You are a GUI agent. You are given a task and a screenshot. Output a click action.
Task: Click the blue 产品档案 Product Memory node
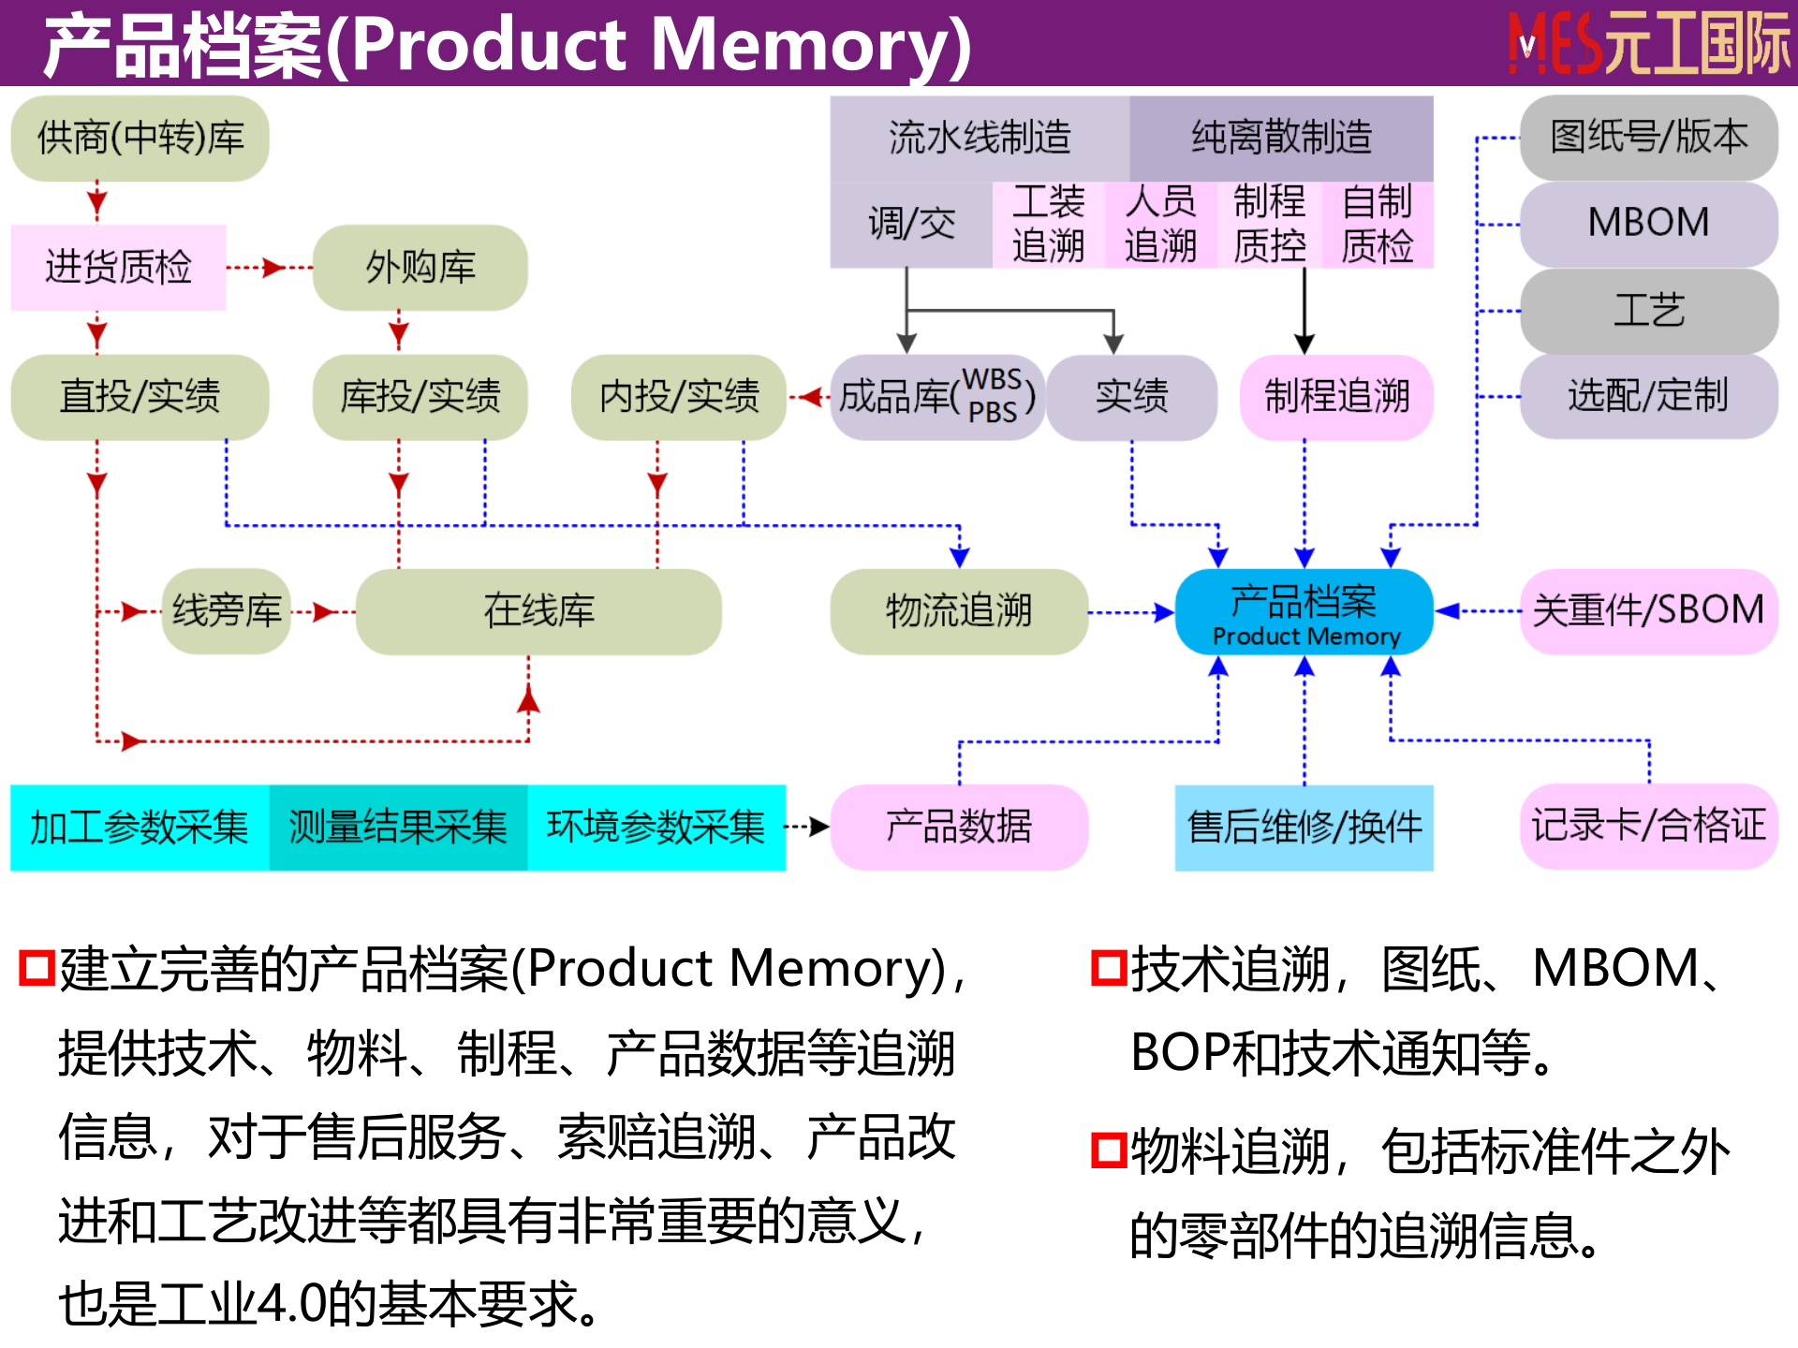[x=1304, y=612]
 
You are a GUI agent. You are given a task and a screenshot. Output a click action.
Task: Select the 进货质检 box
[x=118, y=268]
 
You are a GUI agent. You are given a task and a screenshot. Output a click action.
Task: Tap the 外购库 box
[x=420, y=268]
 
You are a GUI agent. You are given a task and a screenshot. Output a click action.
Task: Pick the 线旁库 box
[x=227, y=612]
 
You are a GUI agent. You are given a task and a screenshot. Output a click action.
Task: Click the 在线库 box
[x=538, y=612]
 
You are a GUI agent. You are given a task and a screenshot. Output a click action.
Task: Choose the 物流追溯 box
[x=959, y=612]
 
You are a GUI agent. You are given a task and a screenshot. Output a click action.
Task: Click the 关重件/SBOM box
[x=1648, y=610]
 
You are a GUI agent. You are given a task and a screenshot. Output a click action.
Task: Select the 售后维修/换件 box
[x=1304, y=828]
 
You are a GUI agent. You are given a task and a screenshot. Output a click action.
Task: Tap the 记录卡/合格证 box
[x=1648, y=827]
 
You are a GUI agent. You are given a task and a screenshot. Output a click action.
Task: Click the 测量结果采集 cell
[x=398, y=828]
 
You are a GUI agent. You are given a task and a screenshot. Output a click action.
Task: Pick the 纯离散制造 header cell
[x=1281, y=139]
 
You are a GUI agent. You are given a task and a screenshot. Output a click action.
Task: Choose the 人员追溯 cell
[x=1160, y=225]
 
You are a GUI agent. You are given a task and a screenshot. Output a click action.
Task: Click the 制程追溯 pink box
[x=1336, y=397]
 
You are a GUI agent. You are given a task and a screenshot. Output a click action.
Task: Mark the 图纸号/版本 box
[x=1648, y=138]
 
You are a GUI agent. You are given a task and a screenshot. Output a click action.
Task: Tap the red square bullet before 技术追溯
[x=1109, y=968]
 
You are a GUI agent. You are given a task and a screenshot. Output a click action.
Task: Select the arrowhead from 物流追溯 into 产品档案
[x=1165, y=613]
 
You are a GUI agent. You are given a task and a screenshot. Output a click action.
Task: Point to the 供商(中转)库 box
[x=140, y=139]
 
